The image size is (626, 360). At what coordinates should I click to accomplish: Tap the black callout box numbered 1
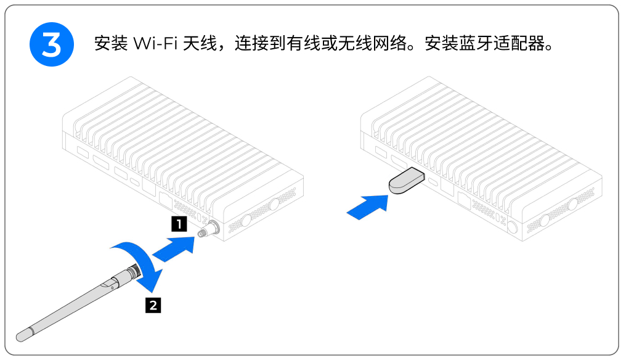(179, 224)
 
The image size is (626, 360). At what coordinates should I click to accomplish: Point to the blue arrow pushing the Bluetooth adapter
(368, 206)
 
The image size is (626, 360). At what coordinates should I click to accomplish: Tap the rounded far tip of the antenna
(23, 334)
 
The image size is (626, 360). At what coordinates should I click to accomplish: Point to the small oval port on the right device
(434, 183)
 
